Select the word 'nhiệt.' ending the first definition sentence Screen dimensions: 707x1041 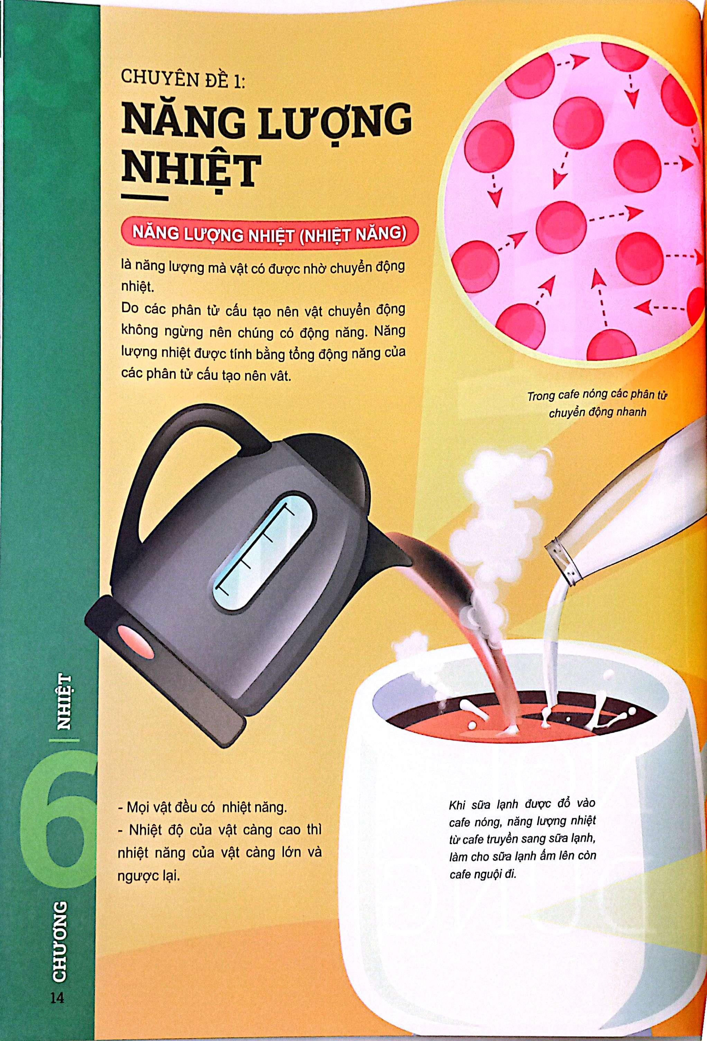pyautogui.click(x=137, y=287)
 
